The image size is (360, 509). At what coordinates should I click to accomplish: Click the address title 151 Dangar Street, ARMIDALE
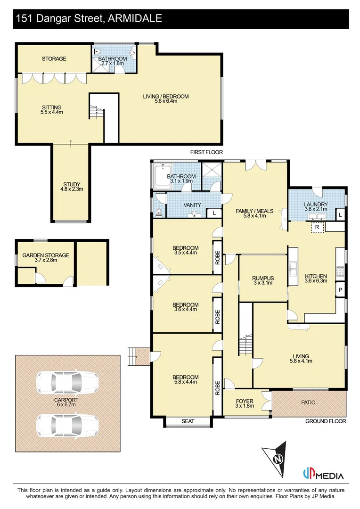tap(89, 19)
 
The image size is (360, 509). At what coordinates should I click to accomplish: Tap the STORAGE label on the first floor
tap(54, 59)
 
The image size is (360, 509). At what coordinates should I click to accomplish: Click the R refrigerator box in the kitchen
tap(318, 227)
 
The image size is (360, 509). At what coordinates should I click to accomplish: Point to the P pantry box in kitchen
tap(339, 290)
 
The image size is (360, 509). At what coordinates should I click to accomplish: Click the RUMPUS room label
tap(263, 281)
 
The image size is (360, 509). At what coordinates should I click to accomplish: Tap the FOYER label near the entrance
tap(245, 404)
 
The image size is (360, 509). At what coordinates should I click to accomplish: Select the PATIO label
tap(309, 402)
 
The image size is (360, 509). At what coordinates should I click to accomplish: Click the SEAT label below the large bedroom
tap(188, 421)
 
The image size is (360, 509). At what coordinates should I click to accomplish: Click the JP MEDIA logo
tap(323, 475)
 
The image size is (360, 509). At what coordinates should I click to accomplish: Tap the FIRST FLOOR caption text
tap(206, 152)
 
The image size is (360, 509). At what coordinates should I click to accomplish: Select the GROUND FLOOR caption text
tap(326, 421)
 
